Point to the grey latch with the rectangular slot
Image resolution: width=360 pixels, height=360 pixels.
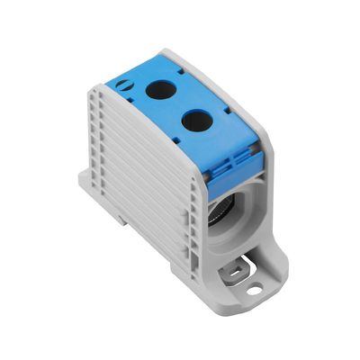[x=239, y=266]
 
